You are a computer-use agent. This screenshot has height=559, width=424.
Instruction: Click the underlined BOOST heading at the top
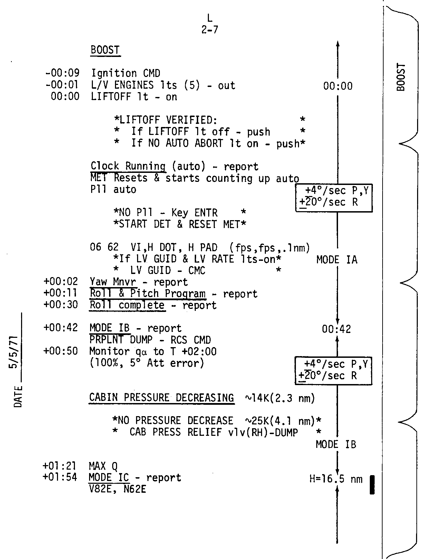105,50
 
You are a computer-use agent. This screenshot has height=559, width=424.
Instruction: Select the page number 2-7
210,30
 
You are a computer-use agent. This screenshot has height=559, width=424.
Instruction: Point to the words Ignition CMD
126,73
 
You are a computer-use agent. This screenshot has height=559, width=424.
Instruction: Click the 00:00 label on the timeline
338,86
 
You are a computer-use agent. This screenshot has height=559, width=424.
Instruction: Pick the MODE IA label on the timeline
337,259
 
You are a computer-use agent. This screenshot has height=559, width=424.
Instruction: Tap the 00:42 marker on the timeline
337,329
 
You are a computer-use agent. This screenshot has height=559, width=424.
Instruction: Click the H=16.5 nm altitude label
336,479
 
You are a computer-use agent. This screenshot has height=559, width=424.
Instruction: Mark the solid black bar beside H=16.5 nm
372,485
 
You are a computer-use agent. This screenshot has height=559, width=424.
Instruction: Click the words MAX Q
103,467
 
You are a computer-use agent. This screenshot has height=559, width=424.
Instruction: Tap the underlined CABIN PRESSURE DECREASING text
162,398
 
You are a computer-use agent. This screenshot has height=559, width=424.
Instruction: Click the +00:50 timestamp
61,351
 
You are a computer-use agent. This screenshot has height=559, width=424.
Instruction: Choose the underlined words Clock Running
128,166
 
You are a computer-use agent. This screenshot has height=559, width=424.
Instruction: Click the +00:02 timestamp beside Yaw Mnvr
61,282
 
